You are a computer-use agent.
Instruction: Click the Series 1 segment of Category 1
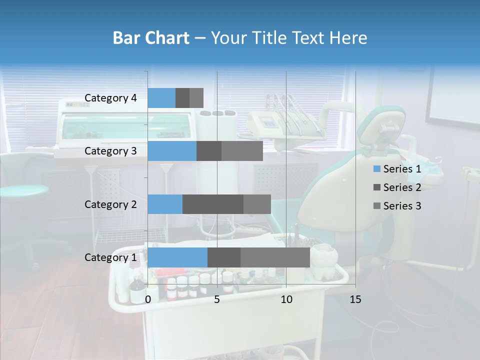(177, 257)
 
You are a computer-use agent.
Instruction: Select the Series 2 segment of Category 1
(224, 257)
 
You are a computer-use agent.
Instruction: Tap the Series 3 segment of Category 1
(275, 257)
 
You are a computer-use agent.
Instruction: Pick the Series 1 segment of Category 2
(165, 204)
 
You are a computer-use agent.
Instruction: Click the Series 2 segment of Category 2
(213, 204)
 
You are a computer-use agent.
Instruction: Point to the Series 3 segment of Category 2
(257, 204)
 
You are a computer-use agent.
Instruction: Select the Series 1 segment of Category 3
(172, 151)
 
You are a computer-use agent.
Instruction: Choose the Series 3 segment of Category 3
(242, 151)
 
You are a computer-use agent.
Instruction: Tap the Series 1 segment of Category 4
(161, 98)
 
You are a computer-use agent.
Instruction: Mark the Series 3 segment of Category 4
(196, 98)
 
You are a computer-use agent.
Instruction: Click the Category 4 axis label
(110, 98)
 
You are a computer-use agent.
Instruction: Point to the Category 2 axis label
(110, 204)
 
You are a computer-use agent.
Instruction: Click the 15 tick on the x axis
(355, 299)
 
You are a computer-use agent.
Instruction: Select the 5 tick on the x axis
(217, 299)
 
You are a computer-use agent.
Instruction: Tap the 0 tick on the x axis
(148, 299)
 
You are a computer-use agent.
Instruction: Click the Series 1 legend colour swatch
(376, 169)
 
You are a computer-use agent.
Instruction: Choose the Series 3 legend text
(402, 206)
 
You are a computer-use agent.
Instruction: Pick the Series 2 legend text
(402, 187)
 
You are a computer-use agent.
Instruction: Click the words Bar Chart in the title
(151, 38)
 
